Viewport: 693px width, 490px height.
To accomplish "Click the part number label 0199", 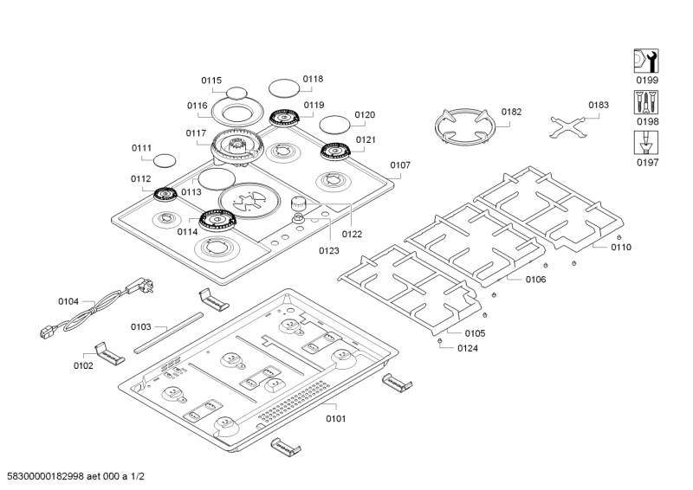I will [x=648, y=81].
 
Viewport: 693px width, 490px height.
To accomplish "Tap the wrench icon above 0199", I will [x=648, y=61].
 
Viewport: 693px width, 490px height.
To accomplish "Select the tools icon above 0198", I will [x=648, y=102].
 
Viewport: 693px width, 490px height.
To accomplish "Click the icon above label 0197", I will [x=648, y=143].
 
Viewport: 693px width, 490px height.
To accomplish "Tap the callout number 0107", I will [x=400, y=164].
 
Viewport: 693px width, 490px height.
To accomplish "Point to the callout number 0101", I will [x=335, y=419].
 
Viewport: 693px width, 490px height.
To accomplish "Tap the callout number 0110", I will [x=620, y=247].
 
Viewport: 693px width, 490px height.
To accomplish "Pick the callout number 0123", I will [x=328, y=251].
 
